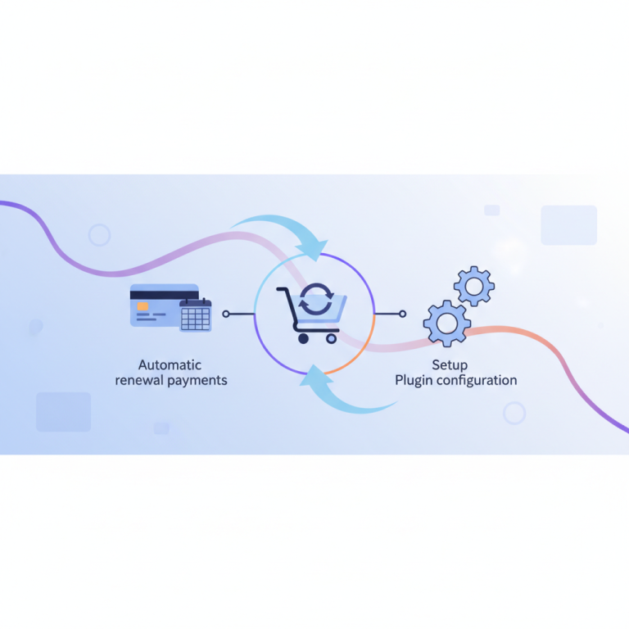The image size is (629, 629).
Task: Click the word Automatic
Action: click(x=170, y=365)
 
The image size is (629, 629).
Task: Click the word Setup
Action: click(x=450, y=365)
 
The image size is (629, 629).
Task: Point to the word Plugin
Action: click(x=414, y=381)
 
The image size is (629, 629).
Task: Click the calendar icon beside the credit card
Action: click(x=196, y=314)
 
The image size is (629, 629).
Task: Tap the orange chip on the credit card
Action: click(x=143, y=306)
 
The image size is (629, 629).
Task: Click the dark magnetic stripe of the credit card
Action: click(x=164, y=295)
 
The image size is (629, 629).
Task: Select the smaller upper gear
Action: click(x=474, y=287)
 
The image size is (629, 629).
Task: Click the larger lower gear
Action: click(x=447, y=324)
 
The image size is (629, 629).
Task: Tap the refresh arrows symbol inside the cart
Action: click(x=316, y=299)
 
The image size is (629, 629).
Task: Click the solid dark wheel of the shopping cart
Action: click(x=303, y=338)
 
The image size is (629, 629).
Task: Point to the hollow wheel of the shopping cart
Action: click(x=332, y=339)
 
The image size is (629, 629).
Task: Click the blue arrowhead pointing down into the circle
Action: click(x=316, y=249)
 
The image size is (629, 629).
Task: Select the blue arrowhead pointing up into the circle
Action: click(x=313, y=376)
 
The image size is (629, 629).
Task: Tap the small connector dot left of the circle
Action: click(x=226, y=314)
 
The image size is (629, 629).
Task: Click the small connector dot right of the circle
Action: click(x=403, y=314)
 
